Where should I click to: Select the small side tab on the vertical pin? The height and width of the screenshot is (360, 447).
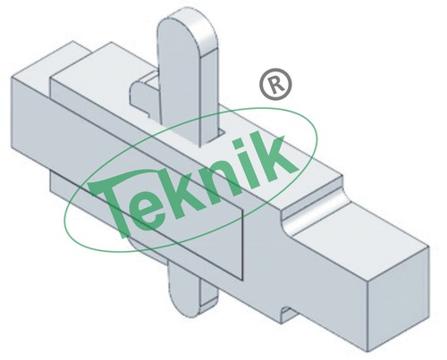(144, 90)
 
